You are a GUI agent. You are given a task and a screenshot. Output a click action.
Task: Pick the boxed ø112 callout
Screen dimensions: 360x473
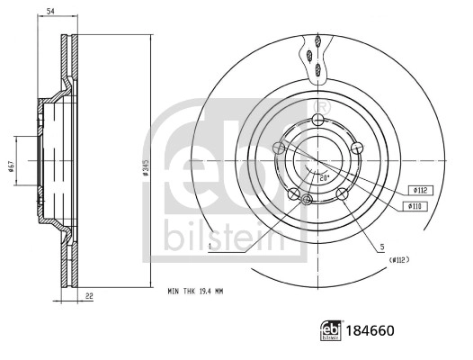420,190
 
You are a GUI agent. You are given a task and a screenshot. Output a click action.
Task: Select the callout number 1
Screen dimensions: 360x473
209,246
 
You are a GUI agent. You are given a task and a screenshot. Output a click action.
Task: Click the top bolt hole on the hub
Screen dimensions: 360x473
318,122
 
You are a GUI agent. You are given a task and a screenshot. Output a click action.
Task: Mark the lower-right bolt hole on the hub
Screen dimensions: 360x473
342,193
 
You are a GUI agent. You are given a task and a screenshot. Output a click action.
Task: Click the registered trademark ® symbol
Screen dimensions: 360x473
325,107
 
